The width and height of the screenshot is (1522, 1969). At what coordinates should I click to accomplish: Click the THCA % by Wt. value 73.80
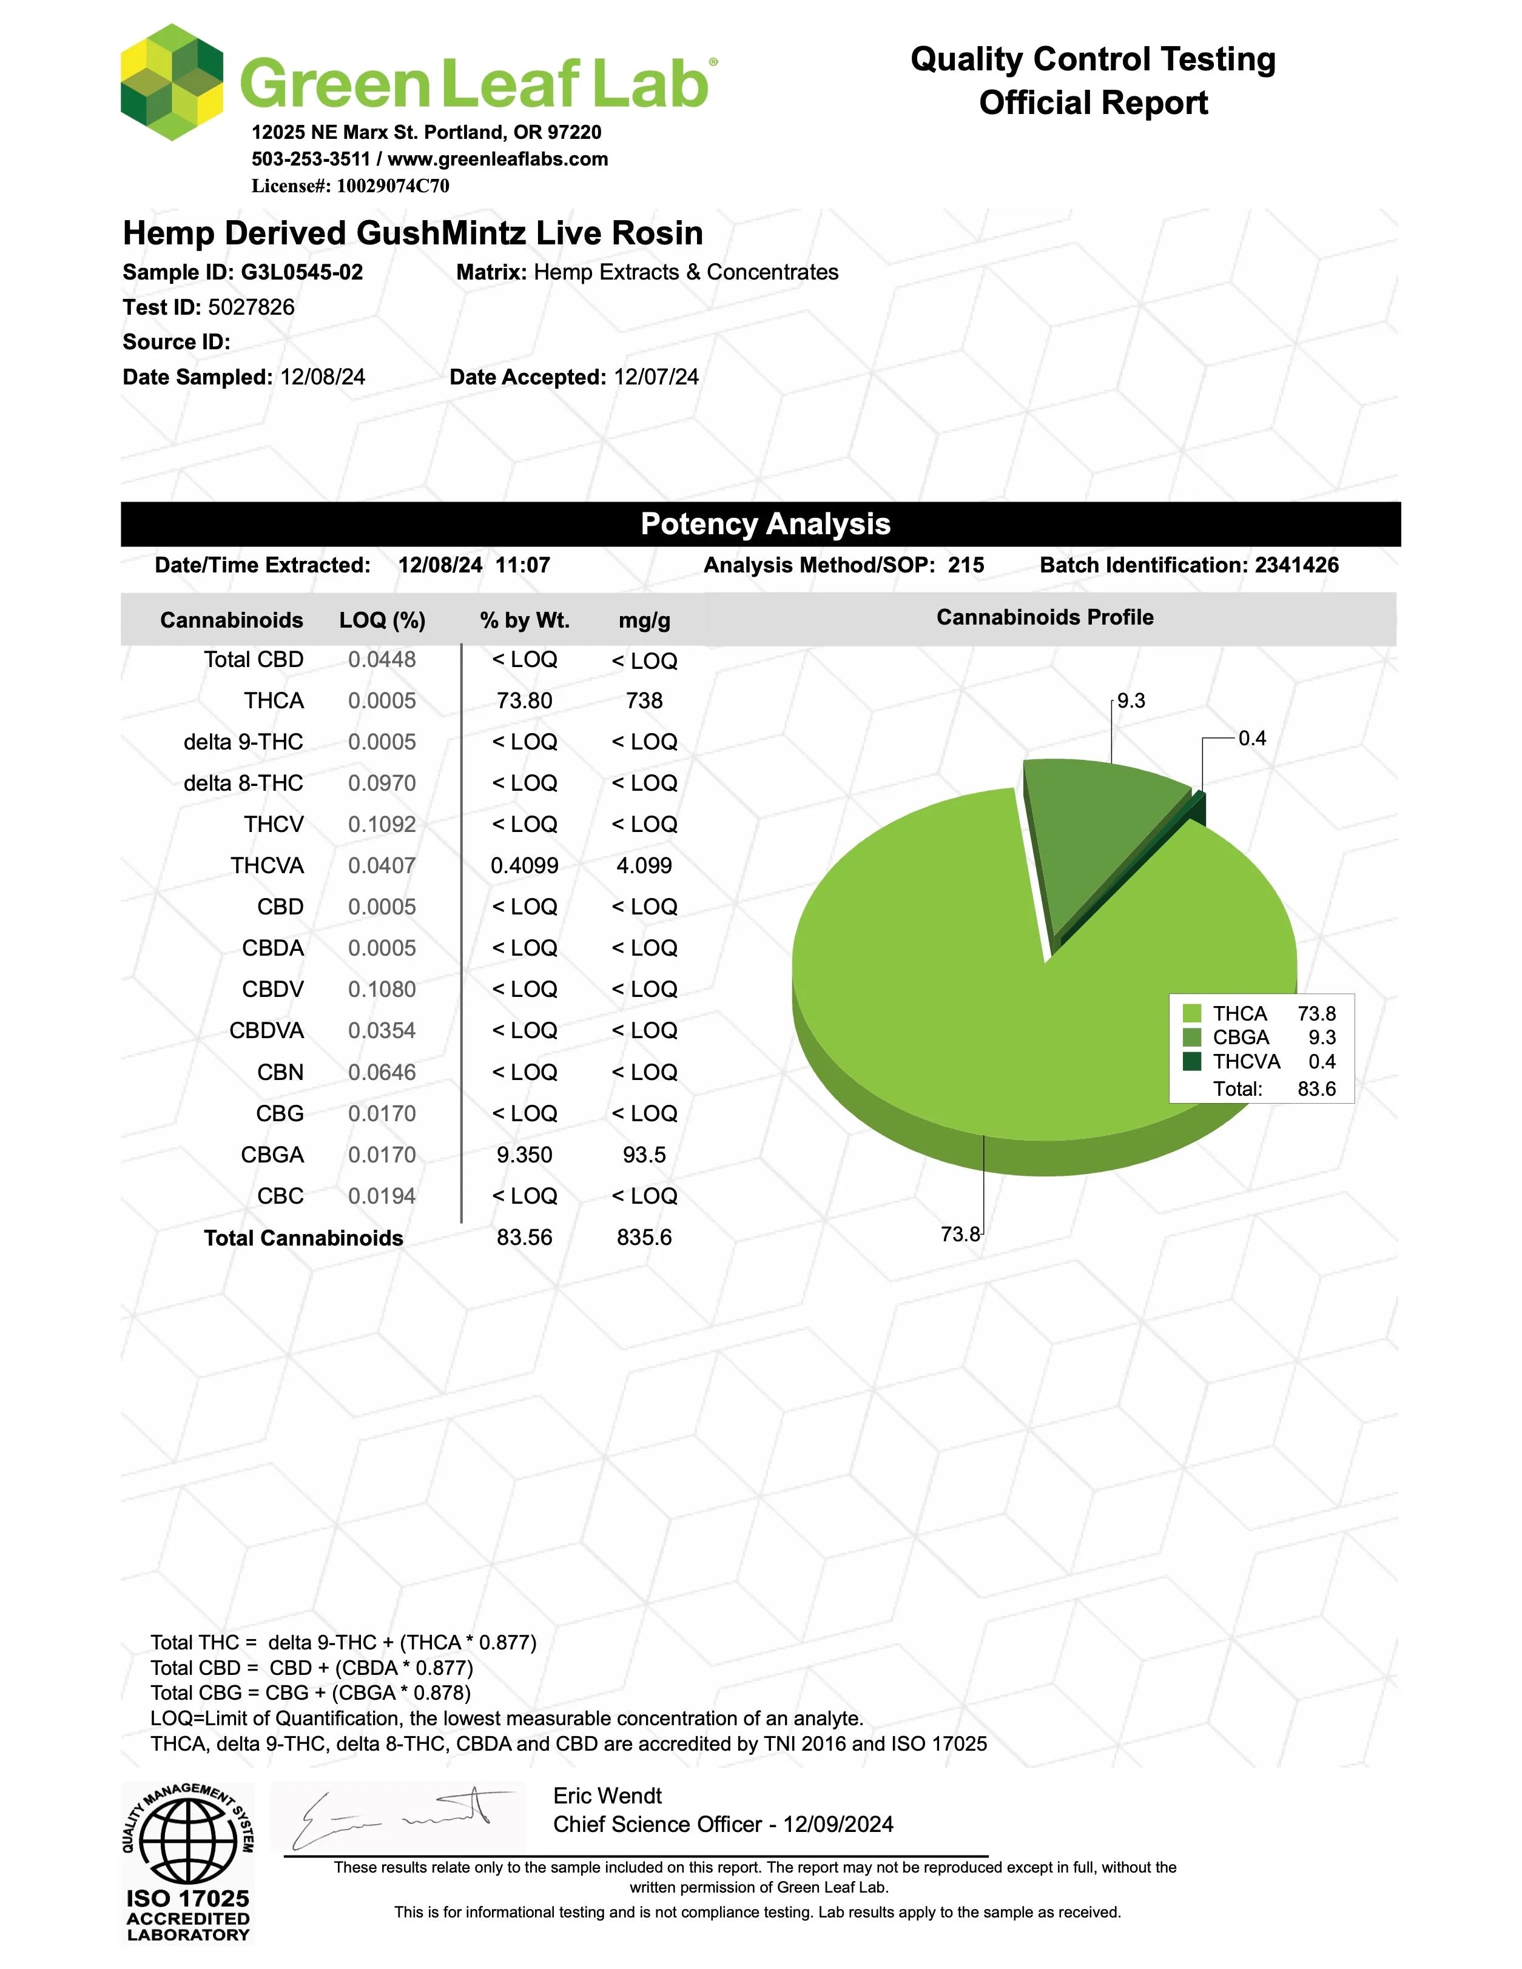(x=524, y=700)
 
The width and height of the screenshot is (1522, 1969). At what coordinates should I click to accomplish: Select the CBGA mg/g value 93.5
(x=644, y=1155)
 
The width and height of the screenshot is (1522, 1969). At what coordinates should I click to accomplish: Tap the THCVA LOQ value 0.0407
(x=382, y=865)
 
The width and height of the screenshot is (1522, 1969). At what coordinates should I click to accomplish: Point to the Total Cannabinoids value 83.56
(x=524, y=1237)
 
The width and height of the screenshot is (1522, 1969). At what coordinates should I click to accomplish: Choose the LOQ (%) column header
(x=382, y=620)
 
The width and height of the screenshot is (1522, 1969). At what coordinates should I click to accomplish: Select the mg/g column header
(x=644, y=620)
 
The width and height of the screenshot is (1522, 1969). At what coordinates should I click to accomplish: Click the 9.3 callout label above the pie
(x=1131, y=700)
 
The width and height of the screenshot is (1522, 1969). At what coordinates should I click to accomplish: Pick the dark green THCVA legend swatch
(x=1192, y=1061)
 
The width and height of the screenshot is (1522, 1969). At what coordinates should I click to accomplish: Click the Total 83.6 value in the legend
(x=1316, y=1088)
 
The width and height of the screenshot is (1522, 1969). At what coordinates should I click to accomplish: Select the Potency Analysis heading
(x=764, y=524)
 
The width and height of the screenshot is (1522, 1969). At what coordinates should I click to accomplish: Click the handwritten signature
(x=397, y=1817)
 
